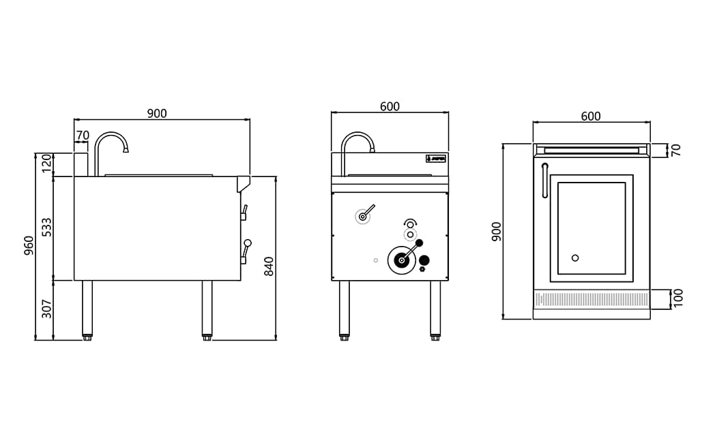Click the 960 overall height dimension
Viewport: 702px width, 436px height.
[x=29, y=245]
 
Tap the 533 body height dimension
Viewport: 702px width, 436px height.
[x=46, y=228]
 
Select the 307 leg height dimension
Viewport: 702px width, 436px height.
[x=46, y=309]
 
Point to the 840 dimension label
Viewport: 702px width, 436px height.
[x=269, y=266]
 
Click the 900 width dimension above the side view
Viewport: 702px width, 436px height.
[x=157, y=114]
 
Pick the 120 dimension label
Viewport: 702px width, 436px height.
[x=46, y=163]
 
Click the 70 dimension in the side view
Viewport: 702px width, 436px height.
[x=83, y=136]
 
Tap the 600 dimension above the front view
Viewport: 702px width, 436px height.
[x=390, y=107]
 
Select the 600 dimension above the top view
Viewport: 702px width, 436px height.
[x=591, y=116]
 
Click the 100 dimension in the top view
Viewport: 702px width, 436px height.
[x=678, y=298]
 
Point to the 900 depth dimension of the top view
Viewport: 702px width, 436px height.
[x=497, y=231]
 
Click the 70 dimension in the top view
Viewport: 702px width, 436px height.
[x=676, y=150]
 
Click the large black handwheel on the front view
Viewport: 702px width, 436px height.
[x=401, y=260]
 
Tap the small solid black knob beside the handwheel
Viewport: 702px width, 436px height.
[x=424, y=260]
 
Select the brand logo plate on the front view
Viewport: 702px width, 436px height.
[x=436, y=159]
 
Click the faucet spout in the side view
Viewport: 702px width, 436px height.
[x=126, y=147]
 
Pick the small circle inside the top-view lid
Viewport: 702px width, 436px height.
[x=575, y=258]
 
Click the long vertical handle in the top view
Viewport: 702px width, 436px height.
[x=544, y=181]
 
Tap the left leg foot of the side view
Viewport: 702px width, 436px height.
[x=87, y=337]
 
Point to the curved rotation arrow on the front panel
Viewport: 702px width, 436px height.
[x=410, y=221]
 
